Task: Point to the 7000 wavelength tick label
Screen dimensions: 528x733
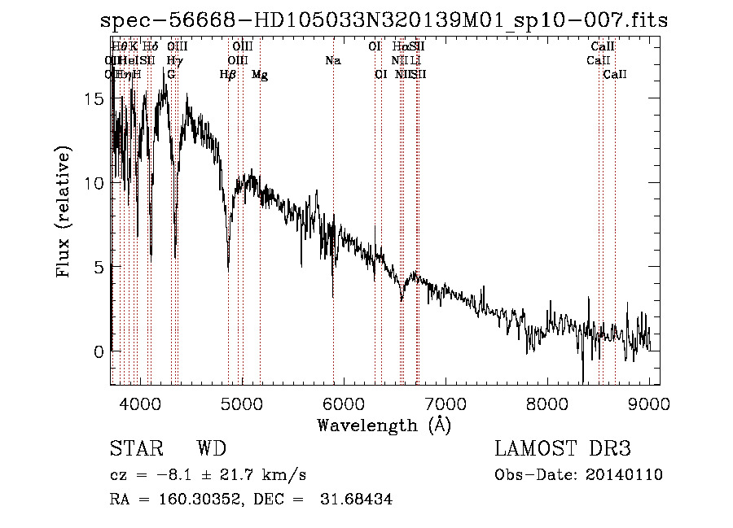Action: (x=445, y=404)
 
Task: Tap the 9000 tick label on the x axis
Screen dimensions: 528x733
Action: (x=649, y=404)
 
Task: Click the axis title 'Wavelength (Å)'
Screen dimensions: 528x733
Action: (x=384, y=425)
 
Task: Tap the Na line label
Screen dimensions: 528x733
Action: (x=332, y=61)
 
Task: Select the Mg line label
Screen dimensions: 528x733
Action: (x=260, y=75)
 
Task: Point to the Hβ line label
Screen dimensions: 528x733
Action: (x=228, y=75)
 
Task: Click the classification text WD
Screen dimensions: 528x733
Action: (x=211, y=450)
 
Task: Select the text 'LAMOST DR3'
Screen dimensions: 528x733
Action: (x=563, y=450)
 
